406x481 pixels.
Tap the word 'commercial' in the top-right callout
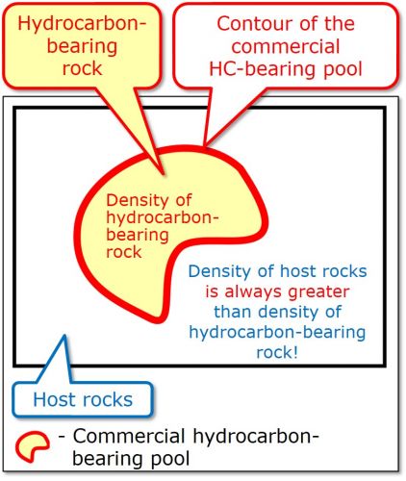(286, 46)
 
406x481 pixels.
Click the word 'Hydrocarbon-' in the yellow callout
(82, 24)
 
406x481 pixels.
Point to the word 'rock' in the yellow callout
(82, 68)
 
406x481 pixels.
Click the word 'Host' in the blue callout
(54, 399)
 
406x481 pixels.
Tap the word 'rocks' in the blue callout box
(108, 400)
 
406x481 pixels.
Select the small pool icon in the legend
(33, 446)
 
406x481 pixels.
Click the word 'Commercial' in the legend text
(129, 437)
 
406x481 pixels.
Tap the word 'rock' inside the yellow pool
(124, 252)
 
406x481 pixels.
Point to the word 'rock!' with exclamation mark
(277, 352)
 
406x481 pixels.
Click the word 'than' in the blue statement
(234, 312)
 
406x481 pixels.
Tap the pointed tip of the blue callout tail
(64, 336)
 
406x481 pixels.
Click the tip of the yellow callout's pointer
(164, 174)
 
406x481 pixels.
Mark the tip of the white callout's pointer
(205, 146)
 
